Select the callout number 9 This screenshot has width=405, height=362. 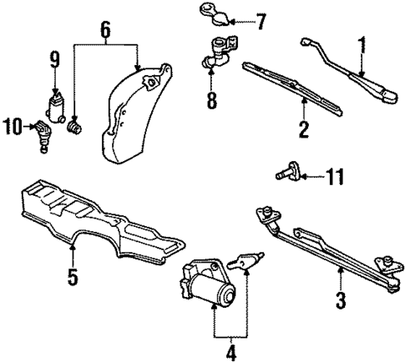[x=54, y=59]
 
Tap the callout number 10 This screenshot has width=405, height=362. [x=13, y=126]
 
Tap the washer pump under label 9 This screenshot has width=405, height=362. [x=56, y=108]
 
